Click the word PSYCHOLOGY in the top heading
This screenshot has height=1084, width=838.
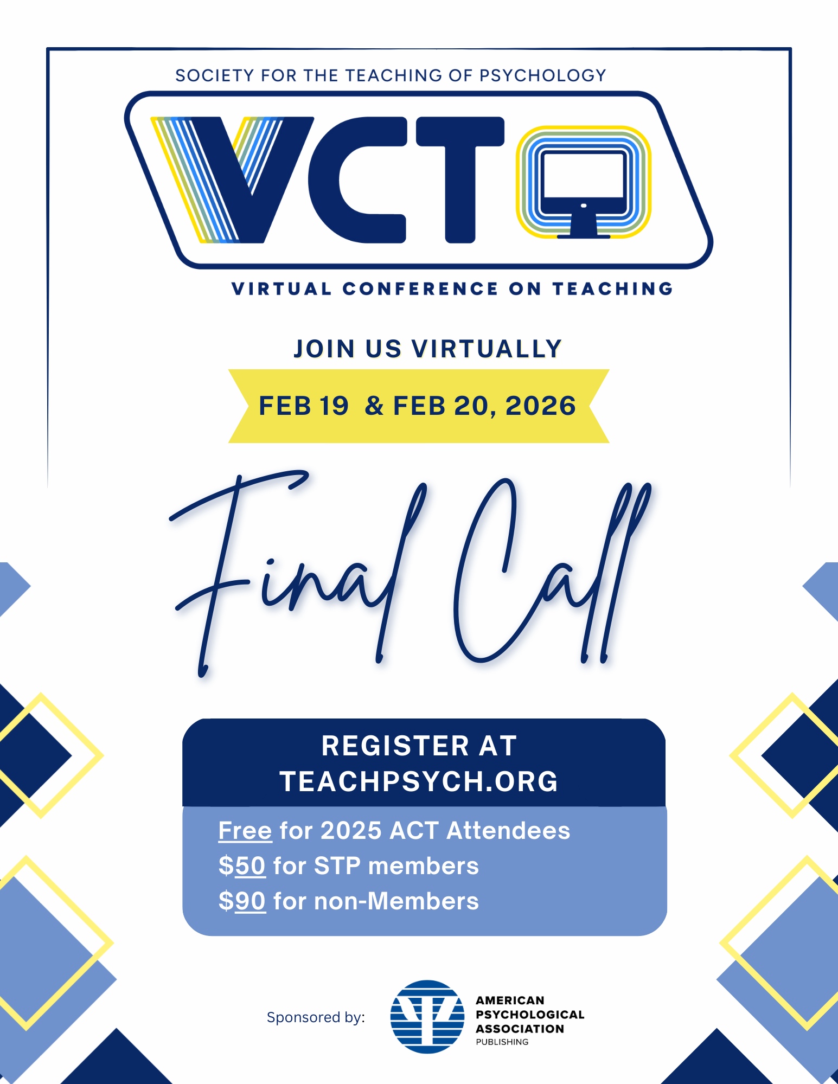tap(542, 75)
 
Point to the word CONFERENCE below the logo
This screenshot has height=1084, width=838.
tap(420, 288)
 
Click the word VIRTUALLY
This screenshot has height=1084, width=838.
tap(487, 349)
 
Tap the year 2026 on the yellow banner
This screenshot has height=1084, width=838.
tap(540, 406)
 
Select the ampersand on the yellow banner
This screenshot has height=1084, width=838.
tap(374, 406)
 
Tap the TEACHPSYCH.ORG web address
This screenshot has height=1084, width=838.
tap(419, 781)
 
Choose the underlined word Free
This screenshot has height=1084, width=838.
tap(245, 831)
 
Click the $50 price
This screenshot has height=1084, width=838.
tap(242, 866)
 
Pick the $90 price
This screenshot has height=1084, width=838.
tap(242, 901)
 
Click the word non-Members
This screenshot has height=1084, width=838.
tap(396, 901)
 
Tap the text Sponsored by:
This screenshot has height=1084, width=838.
tap(316, 1017)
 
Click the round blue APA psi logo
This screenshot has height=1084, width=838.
tap(427, 1017)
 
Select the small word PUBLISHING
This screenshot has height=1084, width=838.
tap(502, 1042)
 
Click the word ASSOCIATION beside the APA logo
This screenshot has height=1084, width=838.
tap(520, 1029)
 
